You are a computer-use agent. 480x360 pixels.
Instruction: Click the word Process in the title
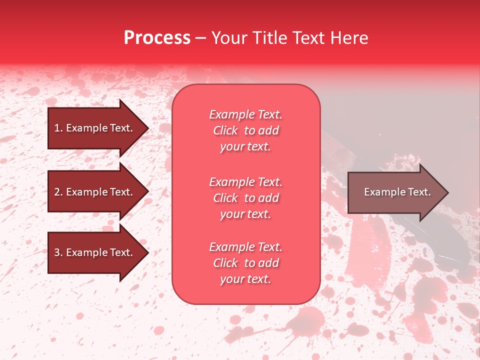[x=157, y=38]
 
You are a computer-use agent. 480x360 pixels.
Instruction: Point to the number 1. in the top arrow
[x=58, y=128]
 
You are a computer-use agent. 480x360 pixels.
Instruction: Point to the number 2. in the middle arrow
[x=58, y=192]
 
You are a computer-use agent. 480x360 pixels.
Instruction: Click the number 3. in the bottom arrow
[x=58, y=252]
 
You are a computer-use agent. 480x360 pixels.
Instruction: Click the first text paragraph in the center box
[x=245, y=130]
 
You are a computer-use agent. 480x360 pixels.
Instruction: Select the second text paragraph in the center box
[x=245, y=198]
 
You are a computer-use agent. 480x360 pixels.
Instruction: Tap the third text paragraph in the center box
[x=245, y=263]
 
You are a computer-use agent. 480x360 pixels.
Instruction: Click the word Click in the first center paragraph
[x=225, y=130]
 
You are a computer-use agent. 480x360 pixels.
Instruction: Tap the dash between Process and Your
[x=200, y=38]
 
